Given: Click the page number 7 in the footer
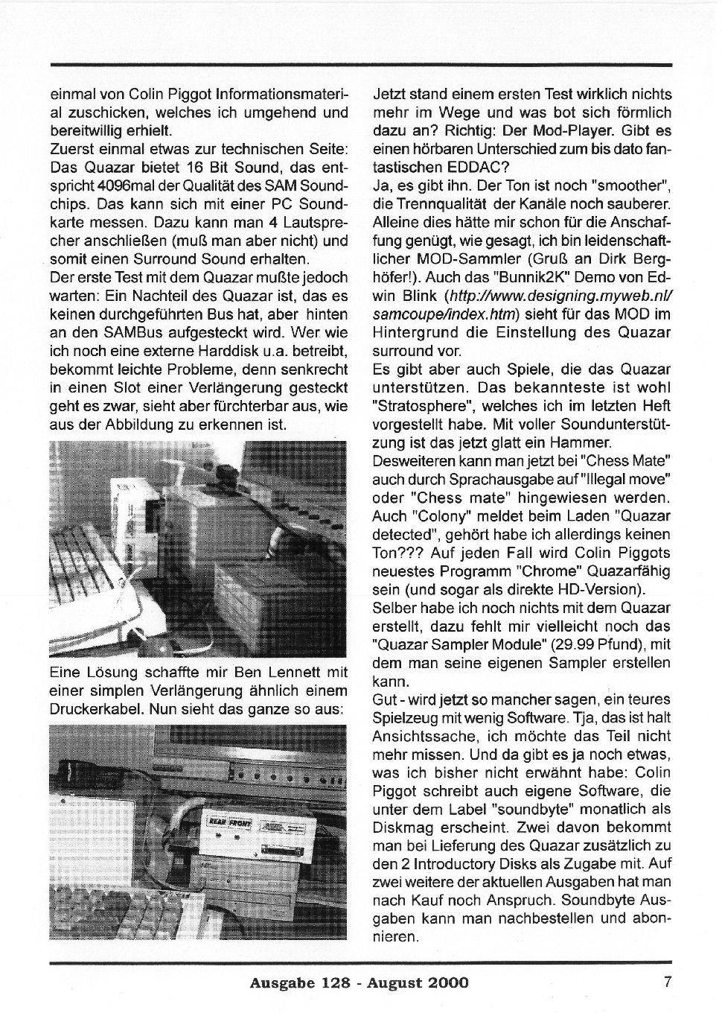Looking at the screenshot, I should (x=668, y=981).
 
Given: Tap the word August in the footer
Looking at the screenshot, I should (x=394, y=982).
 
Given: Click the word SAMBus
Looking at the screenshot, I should (x=131, y=333).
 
